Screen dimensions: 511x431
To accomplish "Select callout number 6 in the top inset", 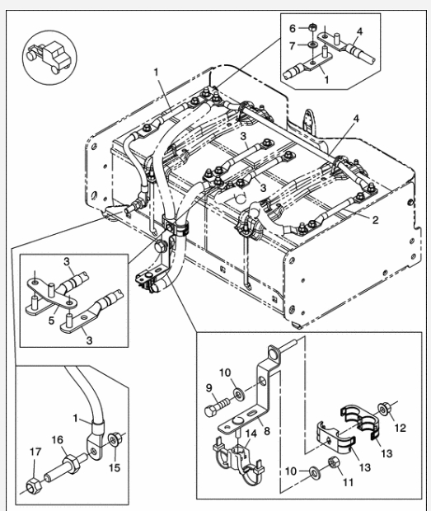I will tap(292, 28).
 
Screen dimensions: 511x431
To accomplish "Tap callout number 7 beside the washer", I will tap(292, 44).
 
